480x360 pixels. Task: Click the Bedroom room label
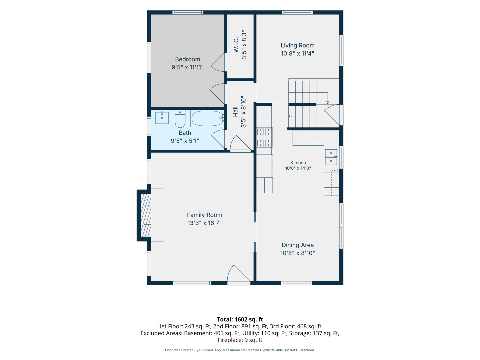187,59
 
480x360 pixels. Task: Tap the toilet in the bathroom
180,119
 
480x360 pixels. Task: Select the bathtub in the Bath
207,118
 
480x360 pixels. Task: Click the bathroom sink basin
162,118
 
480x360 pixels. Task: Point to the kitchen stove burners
265,137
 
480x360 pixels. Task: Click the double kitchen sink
331,157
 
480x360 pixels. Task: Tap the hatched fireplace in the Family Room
146,215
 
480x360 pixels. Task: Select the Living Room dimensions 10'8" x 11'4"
297,53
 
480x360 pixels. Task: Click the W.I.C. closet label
236,45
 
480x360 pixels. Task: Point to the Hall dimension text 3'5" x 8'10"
243,112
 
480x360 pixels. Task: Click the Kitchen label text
298,163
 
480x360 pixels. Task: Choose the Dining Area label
297,245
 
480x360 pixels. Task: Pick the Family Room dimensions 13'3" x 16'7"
204,223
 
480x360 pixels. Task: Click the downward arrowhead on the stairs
328,103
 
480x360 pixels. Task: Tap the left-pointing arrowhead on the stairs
290,116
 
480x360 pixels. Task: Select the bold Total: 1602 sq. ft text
240,319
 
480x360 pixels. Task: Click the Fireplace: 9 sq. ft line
240,340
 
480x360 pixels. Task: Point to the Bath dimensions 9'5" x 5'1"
185,141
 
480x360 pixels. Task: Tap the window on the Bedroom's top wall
188,12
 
